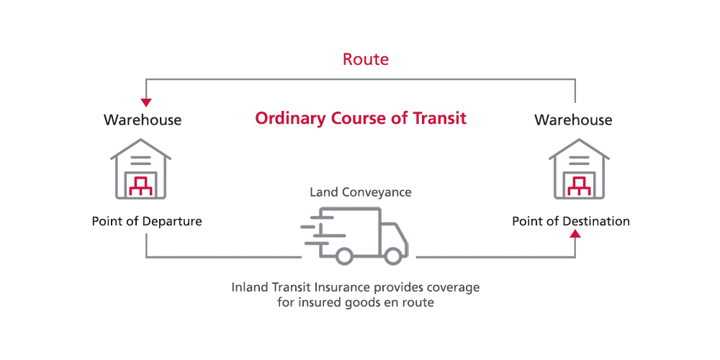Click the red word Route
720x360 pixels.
pyautogui.click(x=366, y=60)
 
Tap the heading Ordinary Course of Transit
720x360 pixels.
pyautogui.click(x=361, y=119)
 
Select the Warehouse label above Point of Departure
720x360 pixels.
pyautogui.click(x=143, y=120)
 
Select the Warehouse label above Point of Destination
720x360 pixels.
pyautogui.click(x=573, y=120)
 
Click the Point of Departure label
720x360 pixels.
pyautogui.click(x=147, y=221)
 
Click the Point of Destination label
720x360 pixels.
pyautogui.click(x=571, y=221)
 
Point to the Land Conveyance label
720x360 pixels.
pyautogui.click(x=361, y=192)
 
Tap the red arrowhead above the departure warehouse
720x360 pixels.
pyautogui.click(x=146, y=102)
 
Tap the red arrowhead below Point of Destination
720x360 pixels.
pyautogui.click(x=575, y=234)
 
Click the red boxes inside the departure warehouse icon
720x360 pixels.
pyautogui.click(x=140, y=186)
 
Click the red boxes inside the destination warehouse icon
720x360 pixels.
pyautogui.click(x=579, y=186)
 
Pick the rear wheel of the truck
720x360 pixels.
pyautogui.click(x=343, y=256)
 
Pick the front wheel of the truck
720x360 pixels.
pyautogui.click(x=393, y=256)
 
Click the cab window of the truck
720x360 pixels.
pyautogui.click(x=391, y=233)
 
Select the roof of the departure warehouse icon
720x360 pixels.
pyautogui.click(x=140, y=149)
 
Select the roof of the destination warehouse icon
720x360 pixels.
pyautogui.click(x=579, y=149)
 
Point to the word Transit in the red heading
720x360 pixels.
pyautogui.click(x=439, y=119)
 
